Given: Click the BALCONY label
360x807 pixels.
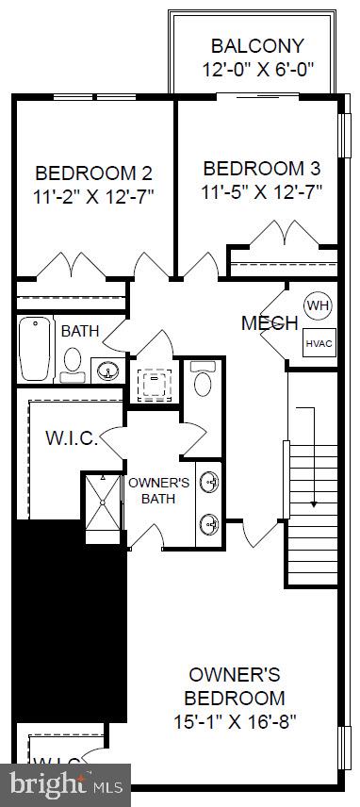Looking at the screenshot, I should [257, 45].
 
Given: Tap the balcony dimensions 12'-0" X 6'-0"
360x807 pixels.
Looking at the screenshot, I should [257, 69].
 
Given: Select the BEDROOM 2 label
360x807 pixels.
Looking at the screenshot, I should [93, 173].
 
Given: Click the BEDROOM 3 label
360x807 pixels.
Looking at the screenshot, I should [262, 169].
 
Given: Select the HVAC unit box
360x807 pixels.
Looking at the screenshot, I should [314, 344].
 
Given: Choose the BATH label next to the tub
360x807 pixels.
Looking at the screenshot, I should [79, 332].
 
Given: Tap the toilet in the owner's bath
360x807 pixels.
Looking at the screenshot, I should [203, 381].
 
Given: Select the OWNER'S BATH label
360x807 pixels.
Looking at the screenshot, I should [159, 490].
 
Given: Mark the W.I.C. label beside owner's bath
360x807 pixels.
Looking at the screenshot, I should [71, 439].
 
